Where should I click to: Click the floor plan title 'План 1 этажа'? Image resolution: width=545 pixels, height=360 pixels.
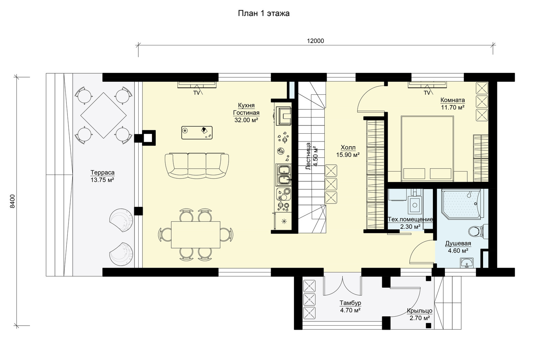[x=264, y=13]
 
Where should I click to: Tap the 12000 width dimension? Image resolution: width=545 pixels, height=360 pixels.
[x=315, y=41]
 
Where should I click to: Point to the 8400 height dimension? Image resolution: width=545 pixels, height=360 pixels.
[x=12, y=201]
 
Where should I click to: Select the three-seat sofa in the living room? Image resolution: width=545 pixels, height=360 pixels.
[x=197, y=166]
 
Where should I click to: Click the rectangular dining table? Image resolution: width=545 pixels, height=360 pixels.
[x=196, y=235]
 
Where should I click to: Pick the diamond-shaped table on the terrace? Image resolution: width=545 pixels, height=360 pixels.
[x=104, y=115]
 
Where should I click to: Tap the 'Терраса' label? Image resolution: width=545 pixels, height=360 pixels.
[x=103, y=173]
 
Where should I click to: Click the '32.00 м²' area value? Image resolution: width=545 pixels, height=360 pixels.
[x=246, y=120]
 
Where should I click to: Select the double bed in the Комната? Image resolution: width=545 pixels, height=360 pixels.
[x=427, y=149]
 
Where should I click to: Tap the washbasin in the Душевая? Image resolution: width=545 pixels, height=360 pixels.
[x=467, y=263]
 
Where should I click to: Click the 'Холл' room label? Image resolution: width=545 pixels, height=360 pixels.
[x=348, y=148]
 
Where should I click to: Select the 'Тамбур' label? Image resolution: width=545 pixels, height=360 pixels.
[x=351, y=303]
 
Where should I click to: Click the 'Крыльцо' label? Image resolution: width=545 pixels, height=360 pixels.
[x=420, y=311]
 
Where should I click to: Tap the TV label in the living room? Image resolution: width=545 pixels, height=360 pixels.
[x=196, y=93]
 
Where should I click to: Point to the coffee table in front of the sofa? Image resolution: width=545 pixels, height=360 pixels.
[x=197, y=133]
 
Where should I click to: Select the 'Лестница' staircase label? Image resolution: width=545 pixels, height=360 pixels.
[x=308, y=156]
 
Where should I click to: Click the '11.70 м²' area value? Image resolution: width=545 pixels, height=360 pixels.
[x=453, y=107]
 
